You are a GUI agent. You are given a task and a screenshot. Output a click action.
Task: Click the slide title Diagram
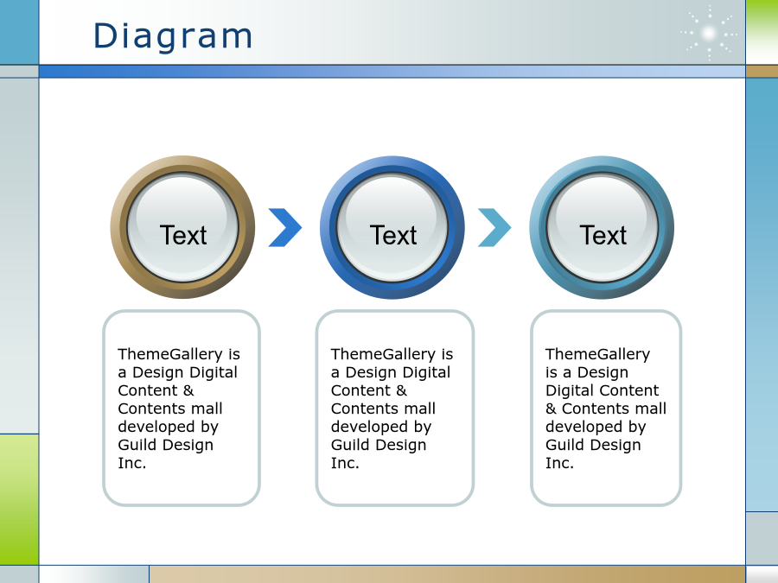(x=173, y=36)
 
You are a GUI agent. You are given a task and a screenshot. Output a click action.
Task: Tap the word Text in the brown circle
(x=183, y=235)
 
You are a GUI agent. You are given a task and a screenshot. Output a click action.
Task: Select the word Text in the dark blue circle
(x=393, y=235)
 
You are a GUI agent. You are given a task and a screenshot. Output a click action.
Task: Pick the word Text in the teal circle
(x=603, y=235)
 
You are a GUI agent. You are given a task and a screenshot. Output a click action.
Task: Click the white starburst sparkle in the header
(x=709, y=33)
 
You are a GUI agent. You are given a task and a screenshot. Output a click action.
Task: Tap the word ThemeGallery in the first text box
(x=170, y=354)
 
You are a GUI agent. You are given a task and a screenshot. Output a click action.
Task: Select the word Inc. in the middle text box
(x=345, y=463)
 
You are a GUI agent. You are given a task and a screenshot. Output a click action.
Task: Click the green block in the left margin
(x=19, y=499)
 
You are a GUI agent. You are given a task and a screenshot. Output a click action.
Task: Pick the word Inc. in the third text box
(x=559, y=463)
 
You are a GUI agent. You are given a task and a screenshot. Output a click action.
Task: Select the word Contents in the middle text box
(x=363, y=409)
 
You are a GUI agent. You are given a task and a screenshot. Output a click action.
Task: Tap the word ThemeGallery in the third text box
(x=598, y=354)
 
